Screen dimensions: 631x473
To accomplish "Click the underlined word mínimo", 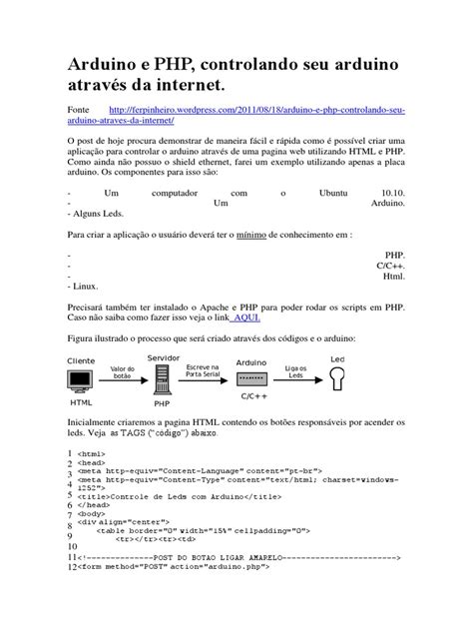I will coord(250,235).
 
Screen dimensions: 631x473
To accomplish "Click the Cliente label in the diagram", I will coord(83,359).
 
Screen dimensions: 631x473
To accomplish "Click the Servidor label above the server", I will coord(164,356).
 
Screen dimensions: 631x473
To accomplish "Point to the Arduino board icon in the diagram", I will coord(250,380).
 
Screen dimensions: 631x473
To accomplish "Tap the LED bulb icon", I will coord(336,378).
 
